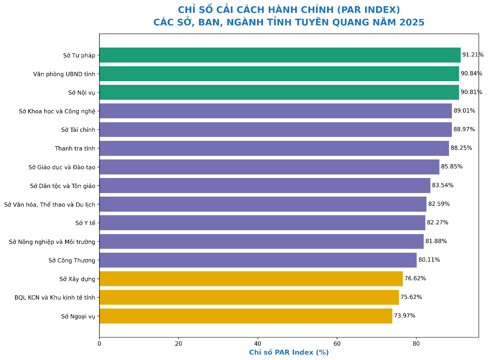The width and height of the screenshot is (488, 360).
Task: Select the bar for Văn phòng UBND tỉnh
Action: pyautogui.click(x=279, y=74)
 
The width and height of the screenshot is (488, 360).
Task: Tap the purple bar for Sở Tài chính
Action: pyautogui.click(x=275, y=129)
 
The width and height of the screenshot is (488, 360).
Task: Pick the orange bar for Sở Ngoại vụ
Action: pyautogui.click(x=246, y=316)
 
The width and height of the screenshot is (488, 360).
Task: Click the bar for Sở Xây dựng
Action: pyautogui.click(x=251, y=279)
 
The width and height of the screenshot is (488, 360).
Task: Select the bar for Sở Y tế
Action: pyautogui.click(x=262, y=223)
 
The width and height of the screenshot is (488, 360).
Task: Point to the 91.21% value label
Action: pyautogui.click(x=473, y=55)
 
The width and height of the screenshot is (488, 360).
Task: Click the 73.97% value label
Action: pyautogui.click(x=405, y=316)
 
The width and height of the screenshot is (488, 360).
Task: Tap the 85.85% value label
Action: pyautogui.click(x=452, y=167)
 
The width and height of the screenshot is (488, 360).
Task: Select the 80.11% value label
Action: pyautogui.click(x=429, y=260)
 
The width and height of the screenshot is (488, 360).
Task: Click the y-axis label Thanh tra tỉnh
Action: pyautogui.click(x=75, y=148)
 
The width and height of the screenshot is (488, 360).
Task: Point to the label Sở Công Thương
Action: pyautogui.click(x=72, y=260)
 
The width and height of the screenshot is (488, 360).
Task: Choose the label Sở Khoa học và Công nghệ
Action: pyautogui.click(x=57, y=111)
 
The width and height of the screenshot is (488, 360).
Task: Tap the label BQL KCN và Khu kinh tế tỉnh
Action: pyautogui.click(x=55, y=297)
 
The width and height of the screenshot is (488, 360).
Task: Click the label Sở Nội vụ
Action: pyautogui.click(x=82, y=93)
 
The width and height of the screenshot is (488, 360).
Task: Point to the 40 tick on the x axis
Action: pyautogui.click(x=258, y=344)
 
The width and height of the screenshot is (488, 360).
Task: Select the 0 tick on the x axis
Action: pyautogui.click(x=99, y=344)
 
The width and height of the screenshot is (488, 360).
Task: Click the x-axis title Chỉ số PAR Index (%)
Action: pyautogui.click(x=289, y=352)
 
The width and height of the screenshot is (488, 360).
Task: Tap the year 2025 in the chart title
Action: pyautogui.click(x=412, y=23)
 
